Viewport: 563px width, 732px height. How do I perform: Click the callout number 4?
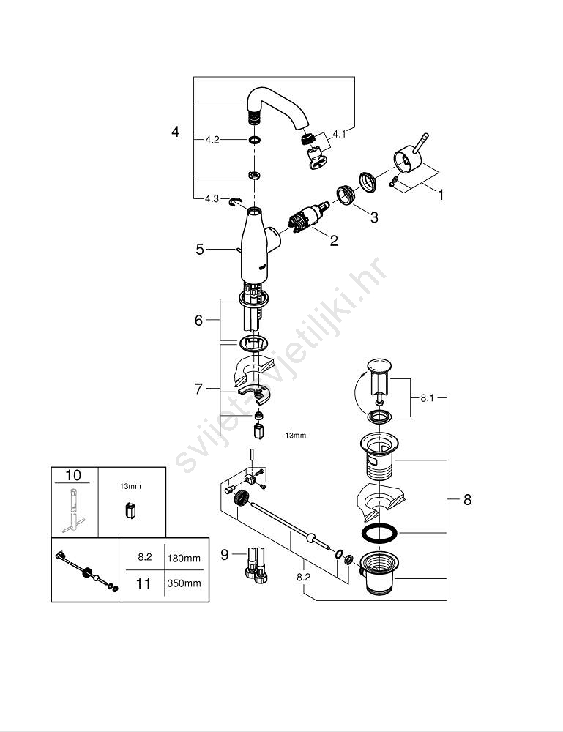coord(175,132)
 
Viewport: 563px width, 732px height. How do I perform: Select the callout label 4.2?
coord(212,139)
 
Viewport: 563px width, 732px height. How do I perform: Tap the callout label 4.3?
coord(212,198)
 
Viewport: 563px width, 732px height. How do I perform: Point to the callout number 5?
coord(199,250)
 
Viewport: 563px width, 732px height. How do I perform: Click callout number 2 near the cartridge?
coord(334,239)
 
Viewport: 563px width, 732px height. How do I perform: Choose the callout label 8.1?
coord(427,398)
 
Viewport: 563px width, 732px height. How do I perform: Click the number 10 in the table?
coord(73,475)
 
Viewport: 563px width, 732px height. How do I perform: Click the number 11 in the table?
coord(144,583)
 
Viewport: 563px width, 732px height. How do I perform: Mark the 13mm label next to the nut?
coord(295,436)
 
